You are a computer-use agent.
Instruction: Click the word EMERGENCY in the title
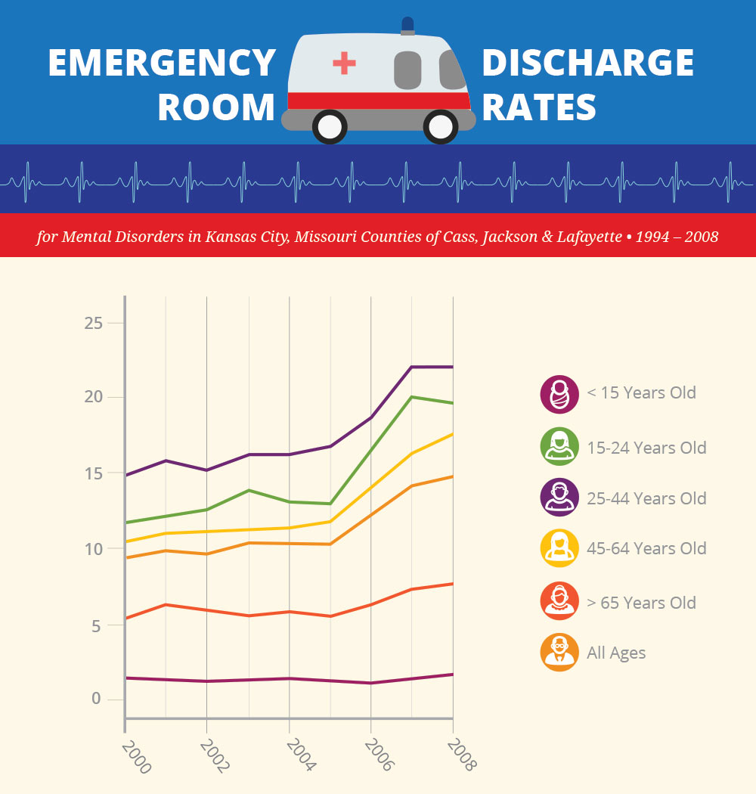tap(162, 63)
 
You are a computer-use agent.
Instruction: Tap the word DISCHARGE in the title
tap(588, 63)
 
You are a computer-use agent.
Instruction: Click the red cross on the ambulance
tap(344, 63)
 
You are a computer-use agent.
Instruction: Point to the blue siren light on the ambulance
tap(407, 25)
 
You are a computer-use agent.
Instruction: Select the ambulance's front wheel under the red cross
tap(330, 127)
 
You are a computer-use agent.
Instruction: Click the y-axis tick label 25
tap(92, 323)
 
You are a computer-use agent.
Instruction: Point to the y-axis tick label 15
tap(92, 473)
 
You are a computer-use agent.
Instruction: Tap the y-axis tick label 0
tap(96, 699)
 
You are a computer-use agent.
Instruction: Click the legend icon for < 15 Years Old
tap(559, 394)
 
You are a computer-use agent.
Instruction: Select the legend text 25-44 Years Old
tap(646, 498)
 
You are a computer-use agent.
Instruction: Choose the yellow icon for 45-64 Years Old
tap(559, 548)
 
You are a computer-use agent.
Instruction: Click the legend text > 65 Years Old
tap(641, 603)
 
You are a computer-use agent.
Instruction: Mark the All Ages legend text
tap(616, 653)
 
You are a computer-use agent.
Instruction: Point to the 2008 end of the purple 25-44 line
tap(452, 367)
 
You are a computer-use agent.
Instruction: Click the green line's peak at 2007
tap(411, 396)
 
